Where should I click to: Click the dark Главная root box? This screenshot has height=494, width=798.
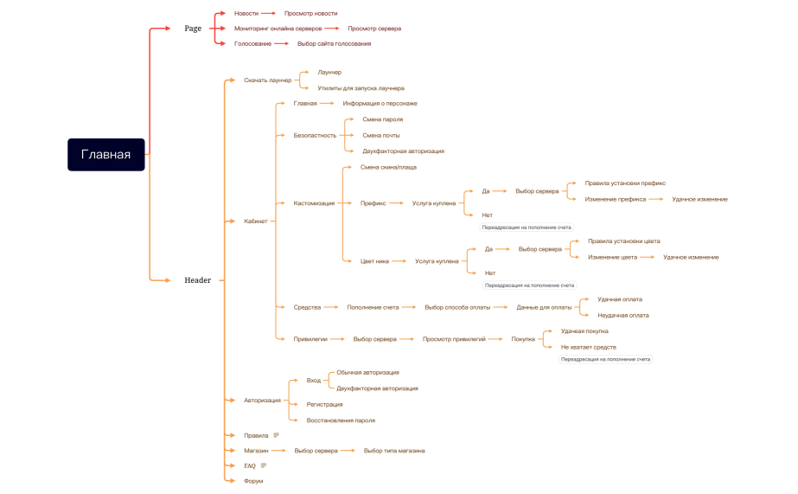[105, 154]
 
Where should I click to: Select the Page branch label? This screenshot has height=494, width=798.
[193, 29]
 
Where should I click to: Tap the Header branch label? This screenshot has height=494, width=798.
[198, 280]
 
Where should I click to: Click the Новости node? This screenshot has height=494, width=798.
[246, 14]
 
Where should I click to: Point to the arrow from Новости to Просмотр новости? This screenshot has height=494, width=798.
[268, 14]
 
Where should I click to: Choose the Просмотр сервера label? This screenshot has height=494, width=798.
[374, 29]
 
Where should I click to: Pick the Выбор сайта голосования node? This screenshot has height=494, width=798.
[334, 43]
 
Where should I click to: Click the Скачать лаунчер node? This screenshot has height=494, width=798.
[267, 80]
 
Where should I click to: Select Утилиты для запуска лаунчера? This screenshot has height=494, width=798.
[361, 88]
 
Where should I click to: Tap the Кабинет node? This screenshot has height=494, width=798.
[256, 221]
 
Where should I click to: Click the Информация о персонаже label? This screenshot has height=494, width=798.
[380, 103]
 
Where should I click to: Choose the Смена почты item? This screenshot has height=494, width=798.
[380, 135]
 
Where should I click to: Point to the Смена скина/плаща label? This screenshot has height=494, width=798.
[388, 167]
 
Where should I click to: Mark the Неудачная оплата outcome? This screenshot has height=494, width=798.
[622, 315]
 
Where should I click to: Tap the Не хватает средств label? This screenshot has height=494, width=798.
[588, 346]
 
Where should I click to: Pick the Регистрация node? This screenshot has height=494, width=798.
[324, 404]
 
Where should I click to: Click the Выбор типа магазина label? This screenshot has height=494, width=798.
[394, 451]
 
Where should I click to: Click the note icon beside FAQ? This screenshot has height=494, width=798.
[264, 465]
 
